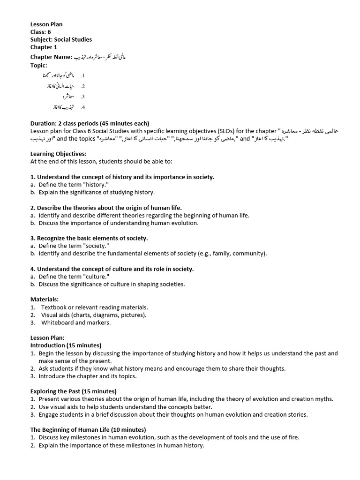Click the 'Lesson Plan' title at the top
point(46,24)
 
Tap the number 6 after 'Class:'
point(49,32)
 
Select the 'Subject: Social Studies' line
point(61,39)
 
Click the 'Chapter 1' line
point(44,47)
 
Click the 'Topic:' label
point(39,65)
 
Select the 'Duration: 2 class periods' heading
point(90,123)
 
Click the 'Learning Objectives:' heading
point(58,154)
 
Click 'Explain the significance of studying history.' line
point(97,192)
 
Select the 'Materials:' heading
point(45,299)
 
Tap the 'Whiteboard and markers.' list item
point(76,322)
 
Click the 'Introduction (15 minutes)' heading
point(66,345)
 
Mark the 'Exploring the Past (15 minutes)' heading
point(74,391)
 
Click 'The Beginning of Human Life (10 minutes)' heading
point(88,429)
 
